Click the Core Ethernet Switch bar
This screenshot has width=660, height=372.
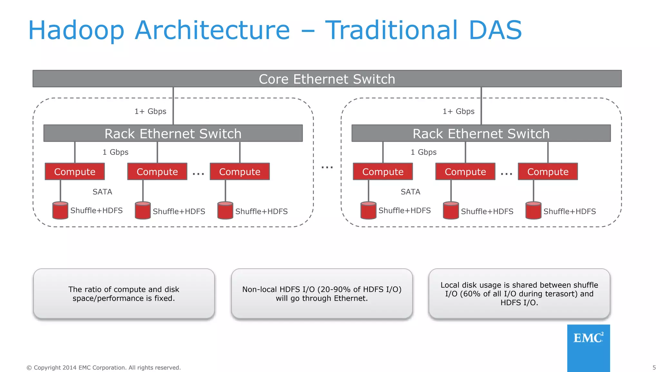point(327,79)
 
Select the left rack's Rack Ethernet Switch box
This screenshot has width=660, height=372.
point(173,133)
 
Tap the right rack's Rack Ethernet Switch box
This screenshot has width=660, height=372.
point(481,133)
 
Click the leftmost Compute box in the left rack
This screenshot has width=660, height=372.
point(75,171)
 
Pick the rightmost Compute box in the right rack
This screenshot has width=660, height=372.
point(548,171)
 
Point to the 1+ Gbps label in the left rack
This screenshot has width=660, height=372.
point(150,111)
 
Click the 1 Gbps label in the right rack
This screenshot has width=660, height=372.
point(423,152)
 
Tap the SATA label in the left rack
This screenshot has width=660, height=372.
point(102,192)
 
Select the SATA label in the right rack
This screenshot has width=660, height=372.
point(410,192)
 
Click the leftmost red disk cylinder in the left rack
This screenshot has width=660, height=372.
point(60,211)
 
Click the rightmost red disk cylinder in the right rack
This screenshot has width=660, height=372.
point(533,211)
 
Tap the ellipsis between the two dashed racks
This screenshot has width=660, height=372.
point(327,167)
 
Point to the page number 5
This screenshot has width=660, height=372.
point(654,367)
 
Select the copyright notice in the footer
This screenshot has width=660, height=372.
point(103,367)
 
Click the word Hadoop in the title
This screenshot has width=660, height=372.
point(76,30)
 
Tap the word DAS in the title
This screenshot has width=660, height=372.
point(495,30)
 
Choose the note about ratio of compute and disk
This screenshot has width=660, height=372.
point(124,294)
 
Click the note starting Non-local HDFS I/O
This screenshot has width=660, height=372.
point(322,294)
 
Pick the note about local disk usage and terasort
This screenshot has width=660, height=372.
point(519,294)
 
